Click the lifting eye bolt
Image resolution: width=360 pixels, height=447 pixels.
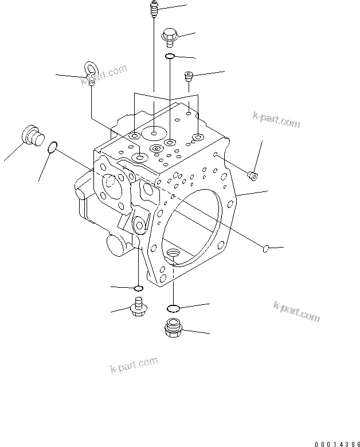(x=90, y=73)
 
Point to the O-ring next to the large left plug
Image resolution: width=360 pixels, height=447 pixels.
(x=52, y=148)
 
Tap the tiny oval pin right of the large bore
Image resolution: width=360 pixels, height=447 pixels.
(x=265, y=248)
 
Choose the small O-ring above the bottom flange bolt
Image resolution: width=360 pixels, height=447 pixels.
(x=138, y=287)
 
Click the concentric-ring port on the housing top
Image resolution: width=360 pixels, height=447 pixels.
(x=156, y=149)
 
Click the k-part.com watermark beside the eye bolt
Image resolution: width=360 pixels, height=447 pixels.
(x=108, y=75)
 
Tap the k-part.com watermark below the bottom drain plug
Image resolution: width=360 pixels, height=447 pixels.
(x=133, y=364)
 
